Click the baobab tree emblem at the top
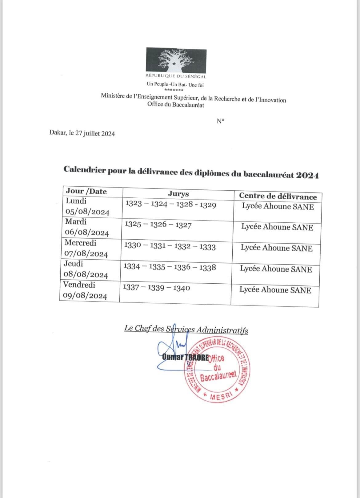click(176, 60)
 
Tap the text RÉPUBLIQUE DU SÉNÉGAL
click(176, 76)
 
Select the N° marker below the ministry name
click(221, 121)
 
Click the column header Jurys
click(178, 194)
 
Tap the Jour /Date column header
click(86, 191)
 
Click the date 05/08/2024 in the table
click(87, 212)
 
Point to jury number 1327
click(183, 225)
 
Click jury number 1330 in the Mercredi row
click(133, 245)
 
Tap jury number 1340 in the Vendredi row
click(182, 288)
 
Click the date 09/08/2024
click(85, 296)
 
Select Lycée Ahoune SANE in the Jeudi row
click(276, 269)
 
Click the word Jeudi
click(73, 264)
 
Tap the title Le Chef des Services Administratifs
click(186, 329)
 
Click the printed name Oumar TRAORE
click(185, 357)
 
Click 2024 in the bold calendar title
click(307, 175)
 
